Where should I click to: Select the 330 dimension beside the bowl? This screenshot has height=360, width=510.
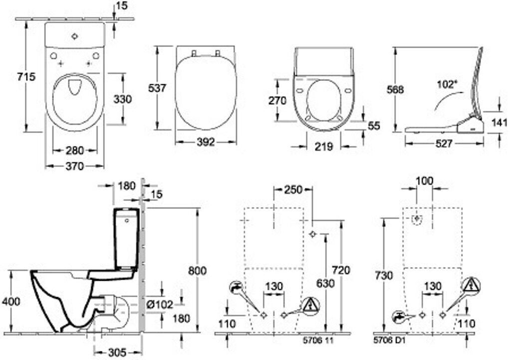click(122, 99)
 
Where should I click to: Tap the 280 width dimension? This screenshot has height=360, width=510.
click(74, 150)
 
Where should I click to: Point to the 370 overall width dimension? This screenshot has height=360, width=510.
click(74, 167)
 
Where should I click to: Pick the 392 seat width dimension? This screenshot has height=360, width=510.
click(205, 143)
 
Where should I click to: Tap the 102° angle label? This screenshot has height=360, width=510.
click(447, 84)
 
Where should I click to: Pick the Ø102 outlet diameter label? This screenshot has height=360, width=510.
click(159, 303)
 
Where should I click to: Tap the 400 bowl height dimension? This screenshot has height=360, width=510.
click(11, 302)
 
